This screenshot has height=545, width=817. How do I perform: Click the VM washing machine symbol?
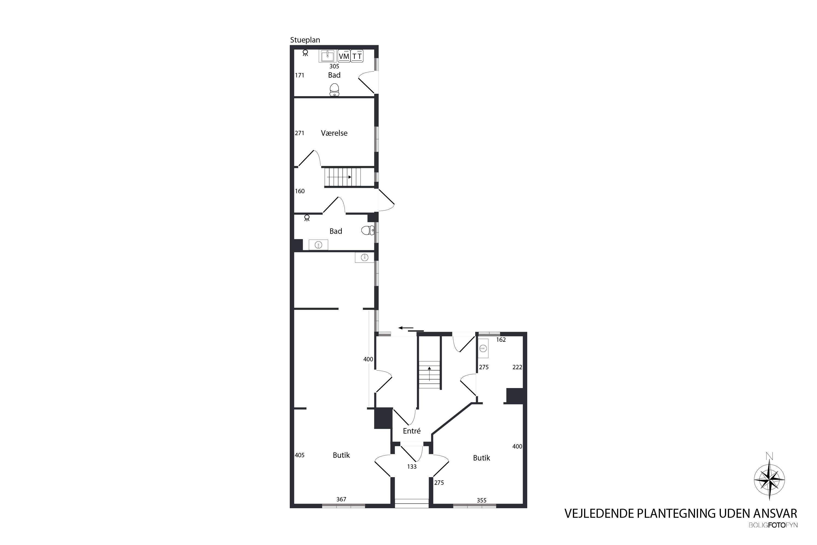click(344, 56)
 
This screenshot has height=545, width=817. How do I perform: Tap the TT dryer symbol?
click(357, 56)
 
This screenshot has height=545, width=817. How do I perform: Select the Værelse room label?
click(334, 133)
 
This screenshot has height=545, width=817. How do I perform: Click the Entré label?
click(411, 431)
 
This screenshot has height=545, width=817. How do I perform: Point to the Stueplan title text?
click(305, 40)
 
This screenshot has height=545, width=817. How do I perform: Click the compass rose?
click(769, 480)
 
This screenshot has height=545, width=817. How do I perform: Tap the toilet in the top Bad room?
click(334, 90)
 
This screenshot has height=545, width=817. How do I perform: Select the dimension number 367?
click(341, 499)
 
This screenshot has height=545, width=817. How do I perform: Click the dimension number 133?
click(411, 467)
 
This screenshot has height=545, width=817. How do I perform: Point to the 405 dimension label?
click(299, 455)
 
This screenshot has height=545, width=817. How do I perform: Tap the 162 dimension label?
click(501, 340)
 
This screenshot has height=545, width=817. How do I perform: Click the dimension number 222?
click(517, 367)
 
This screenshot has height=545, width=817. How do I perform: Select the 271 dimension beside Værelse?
click(299, 133)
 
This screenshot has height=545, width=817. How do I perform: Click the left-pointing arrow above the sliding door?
click(406, 328)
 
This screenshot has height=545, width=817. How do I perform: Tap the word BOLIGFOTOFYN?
click(773, 525)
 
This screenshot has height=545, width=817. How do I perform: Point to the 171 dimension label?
click(299, 75)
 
